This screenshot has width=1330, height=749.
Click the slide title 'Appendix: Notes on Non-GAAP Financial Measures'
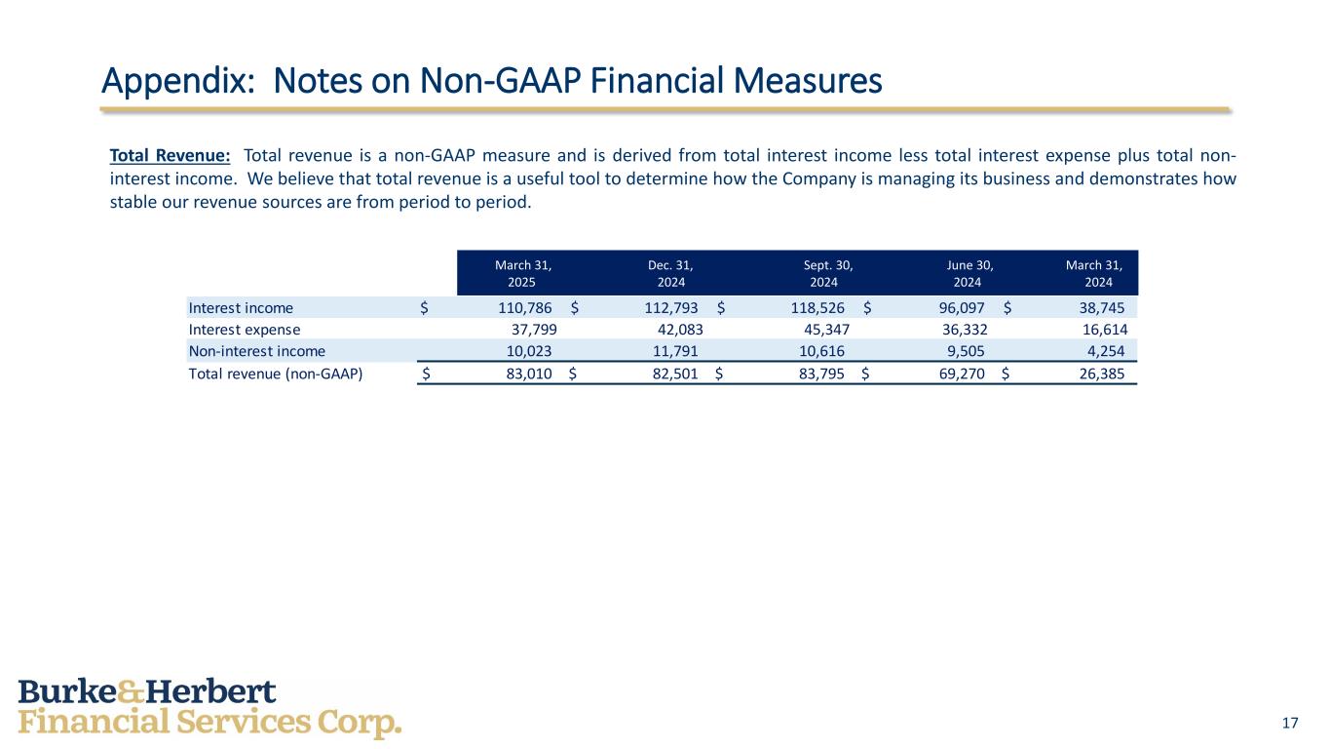coord(492,81)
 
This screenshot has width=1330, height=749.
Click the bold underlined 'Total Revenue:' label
coord(171,155)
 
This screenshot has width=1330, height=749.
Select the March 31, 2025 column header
coord(522,273)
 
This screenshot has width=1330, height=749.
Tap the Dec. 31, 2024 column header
coord(670,273)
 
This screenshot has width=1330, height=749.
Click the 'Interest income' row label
coord(241,307)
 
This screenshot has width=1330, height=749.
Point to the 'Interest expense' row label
coord(245,329)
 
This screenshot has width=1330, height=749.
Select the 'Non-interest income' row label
coord(257,350)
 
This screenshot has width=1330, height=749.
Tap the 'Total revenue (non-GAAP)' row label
coord(276,372)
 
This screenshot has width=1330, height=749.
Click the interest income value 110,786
coord(523,307)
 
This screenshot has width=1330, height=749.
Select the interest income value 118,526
coord(817,307)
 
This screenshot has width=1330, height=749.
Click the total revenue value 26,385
coord(1096,372)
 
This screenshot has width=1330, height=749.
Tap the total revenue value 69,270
coord(957,372)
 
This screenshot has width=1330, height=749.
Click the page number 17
coord(1290,723)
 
